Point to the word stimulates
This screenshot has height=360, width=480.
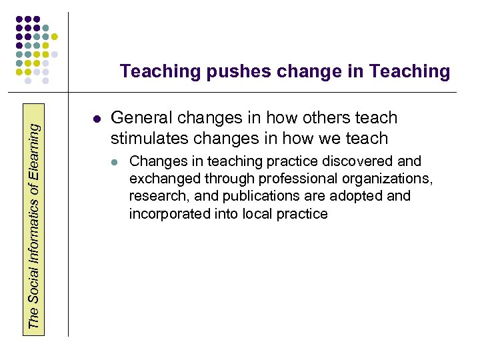[x=148, y=139]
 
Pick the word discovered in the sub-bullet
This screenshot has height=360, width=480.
[x=359, y=161]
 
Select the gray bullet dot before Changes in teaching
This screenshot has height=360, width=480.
[x=115, y=162]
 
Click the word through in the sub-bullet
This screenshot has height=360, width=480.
[x=224, y=179]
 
